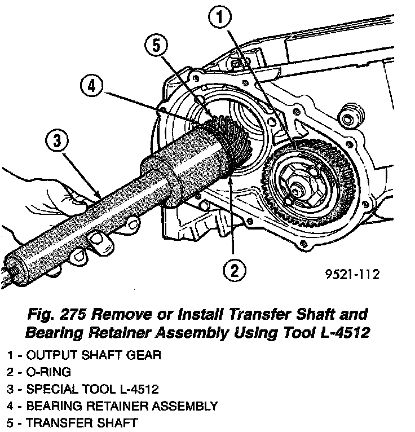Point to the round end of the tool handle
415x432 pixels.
14,267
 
